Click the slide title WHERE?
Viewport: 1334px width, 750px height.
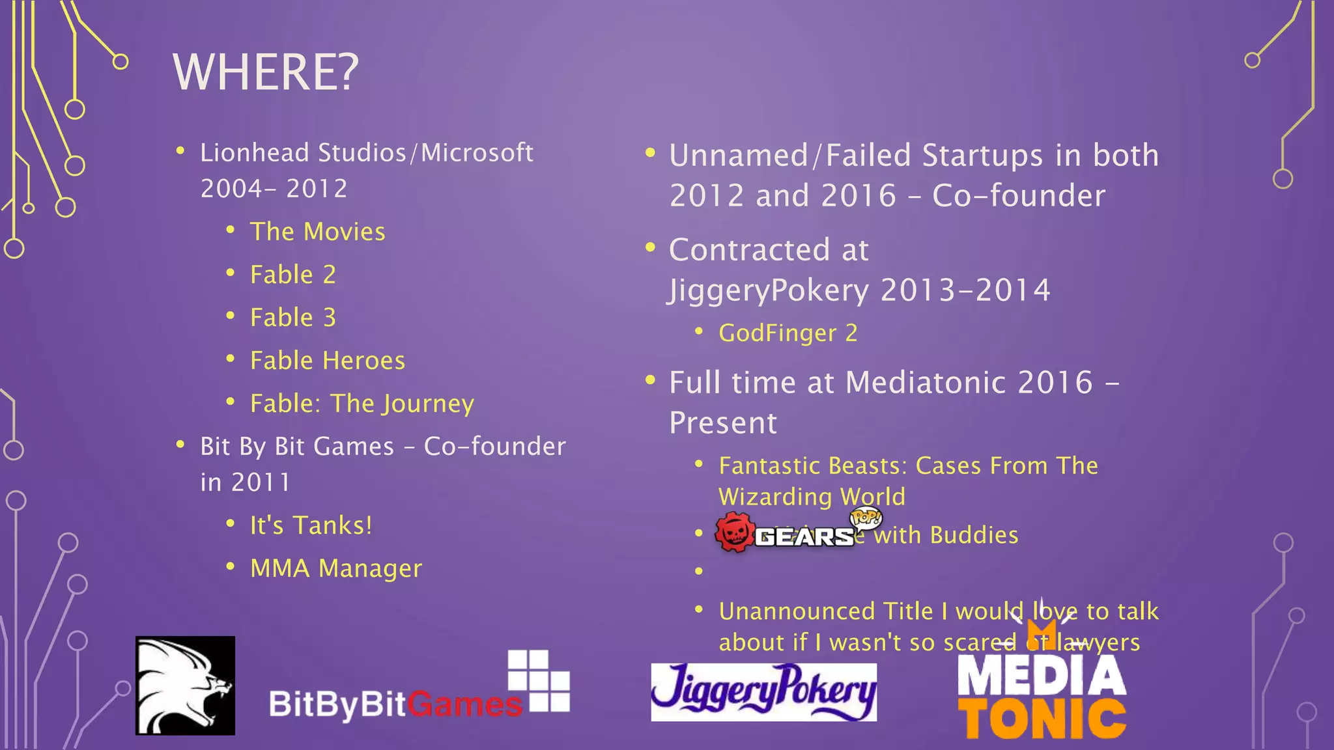coord(266,72)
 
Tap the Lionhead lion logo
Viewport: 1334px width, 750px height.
coord(185,686)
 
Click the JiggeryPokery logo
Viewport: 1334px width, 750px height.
coord(763,692)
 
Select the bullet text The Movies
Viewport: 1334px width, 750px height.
coord(317,232)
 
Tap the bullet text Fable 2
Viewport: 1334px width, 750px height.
coord(293,275)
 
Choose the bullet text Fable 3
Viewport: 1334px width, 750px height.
coord(293,318)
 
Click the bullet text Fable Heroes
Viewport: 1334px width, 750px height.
coord(328,361)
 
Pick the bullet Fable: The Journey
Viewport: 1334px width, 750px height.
coord(362,404)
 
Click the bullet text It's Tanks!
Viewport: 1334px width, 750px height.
coord(311,525)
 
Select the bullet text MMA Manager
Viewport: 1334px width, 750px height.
coord(336,568)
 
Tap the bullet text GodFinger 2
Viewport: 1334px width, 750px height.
coord(788,333)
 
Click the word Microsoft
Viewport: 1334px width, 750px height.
coord(477,153)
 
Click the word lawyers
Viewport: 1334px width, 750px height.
coord(1098,643)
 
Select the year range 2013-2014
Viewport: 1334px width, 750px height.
coord(965,290)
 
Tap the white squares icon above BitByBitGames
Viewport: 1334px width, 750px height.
coord(539,680)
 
